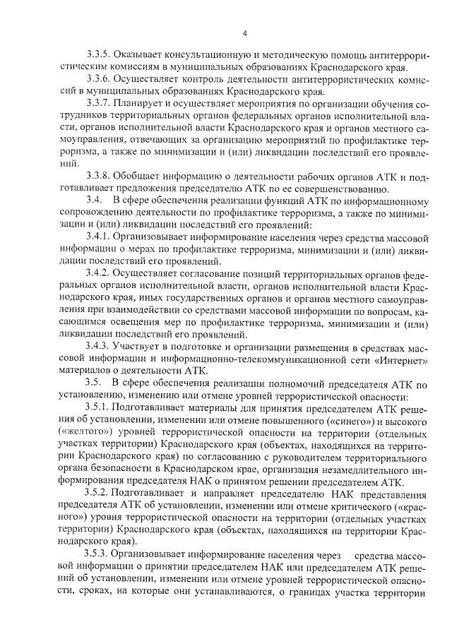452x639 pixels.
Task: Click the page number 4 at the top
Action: (x=243, y=33)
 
